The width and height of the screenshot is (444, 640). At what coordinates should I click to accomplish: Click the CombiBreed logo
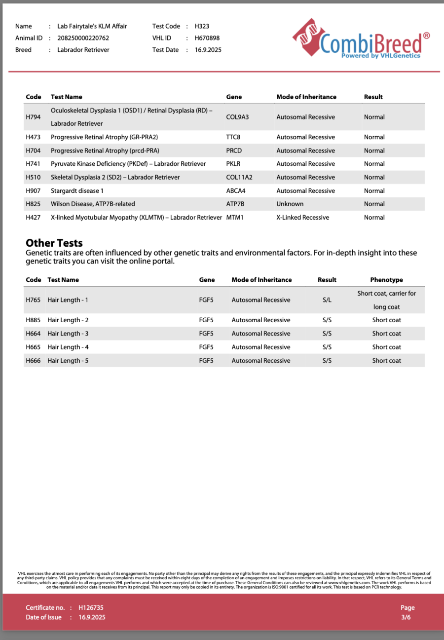[x=361, y=40]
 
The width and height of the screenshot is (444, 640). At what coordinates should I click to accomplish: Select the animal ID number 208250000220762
[x=83, y=38]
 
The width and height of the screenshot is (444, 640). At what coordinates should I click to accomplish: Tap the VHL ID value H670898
[x=207, y=38]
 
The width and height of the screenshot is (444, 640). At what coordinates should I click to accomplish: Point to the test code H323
[x=202, y=26]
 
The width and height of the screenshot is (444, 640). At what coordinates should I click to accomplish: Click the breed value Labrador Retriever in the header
[x=83, y=50]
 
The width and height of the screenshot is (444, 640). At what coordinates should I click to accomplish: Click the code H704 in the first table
[x=33, y=151]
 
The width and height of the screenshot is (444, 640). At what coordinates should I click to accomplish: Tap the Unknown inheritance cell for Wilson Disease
[x=290, y=204]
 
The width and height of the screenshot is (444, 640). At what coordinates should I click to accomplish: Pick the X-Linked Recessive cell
[x=302, y=217]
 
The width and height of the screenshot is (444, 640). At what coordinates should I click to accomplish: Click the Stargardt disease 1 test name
[x=77, y=190]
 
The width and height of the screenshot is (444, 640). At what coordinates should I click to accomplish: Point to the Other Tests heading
[x=54, y=243]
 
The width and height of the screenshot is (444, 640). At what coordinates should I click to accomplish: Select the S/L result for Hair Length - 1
[x=327, y=300]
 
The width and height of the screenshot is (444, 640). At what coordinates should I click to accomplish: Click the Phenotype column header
[x=386, y=280]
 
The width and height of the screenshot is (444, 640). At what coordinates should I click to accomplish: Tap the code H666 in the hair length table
[x=33, y=361]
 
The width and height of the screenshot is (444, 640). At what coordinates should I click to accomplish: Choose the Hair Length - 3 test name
[x=68, y=334]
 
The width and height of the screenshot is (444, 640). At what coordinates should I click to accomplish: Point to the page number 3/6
[x=406, y=617]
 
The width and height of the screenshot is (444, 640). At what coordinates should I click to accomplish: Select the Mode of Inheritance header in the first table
[x=306, y=97]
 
